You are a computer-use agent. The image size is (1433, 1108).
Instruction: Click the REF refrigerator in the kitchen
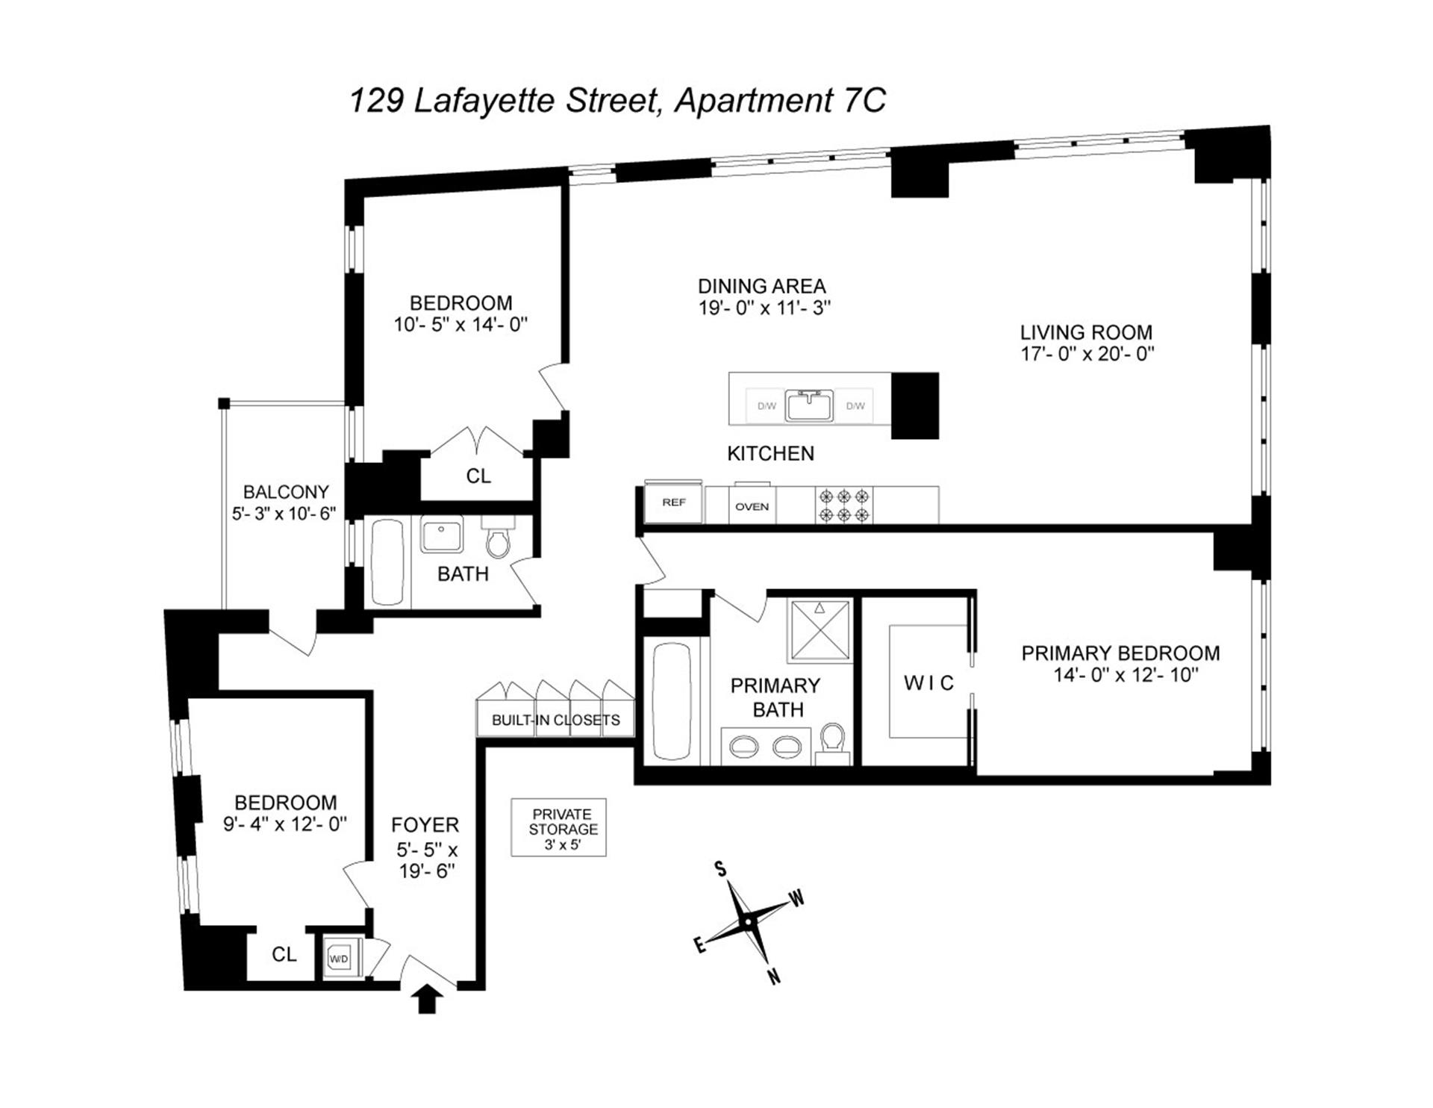tap(673, 502)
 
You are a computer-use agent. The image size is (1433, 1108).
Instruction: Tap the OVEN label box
tap(752, 506)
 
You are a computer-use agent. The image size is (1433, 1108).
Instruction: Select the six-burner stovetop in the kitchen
tap(844, 505)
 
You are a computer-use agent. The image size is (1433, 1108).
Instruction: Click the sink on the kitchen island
tap(810, 405)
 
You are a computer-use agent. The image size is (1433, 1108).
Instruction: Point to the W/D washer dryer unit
tap(339, 958)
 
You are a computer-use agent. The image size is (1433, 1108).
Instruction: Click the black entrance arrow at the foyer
tap(426, 998)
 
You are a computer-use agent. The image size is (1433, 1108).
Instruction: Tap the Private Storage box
tap(558, 827)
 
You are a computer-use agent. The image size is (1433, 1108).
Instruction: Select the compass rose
tap(747, 923)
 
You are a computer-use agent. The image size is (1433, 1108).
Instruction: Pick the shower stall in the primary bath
tap(820, 630)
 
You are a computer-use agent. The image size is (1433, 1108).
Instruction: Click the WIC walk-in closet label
tap(928, 682)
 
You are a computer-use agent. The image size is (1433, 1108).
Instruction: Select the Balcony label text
tap(286, 492)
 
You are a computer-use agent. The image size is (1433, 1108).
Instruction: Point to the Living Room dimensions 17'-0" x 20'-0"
tap(1087, 354)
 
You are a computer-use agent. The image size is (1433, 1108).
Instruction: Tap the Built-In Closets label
tap(555, 720)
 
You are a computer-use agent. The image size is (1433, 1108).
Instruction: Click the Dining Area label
tap(761, 286)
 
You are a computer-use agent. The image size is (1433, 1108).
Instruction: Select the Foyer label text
tap(425, 824)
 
